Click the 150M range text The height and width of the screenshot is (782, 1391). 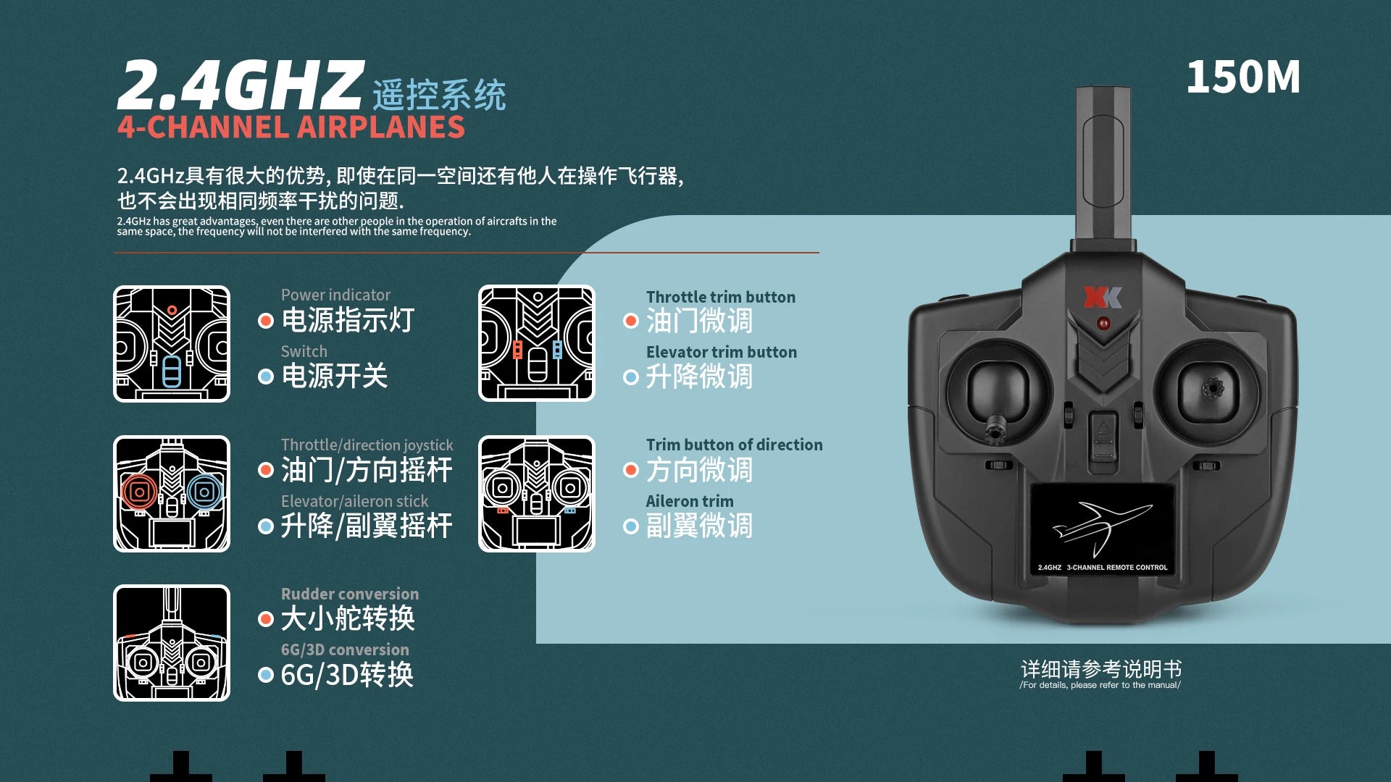click(x=1243, y=77)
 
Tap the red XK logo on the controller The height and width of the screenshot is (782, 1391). click(x=1103, y=297)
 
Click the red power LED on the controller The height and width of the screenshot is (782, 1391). click(x=1103, y=323)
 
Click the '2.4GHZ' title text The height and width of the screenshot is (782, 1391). click(x=240, y=85)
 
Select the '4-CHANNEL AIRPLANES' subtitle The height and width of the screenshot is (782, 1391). click(x=291, y=127)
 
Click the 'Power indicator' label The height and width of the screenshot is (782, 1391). click(x=335, y=295)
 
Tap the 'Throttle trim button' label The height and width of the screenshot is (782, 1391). click(x=721, y=297)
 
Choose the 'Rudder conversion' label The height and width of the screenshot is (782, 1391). click(x=350, y=594)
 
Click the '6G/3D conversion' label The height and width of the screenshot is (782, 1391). click(x=345, y=649)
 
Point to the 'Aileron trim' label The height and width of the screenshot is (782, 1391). click(x=690, y=501)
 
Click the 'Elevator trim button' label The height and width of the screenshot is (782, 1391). click(x=722, y=352)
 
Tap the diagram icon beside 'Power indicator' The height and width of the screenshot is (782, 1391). click(x=172, y=344)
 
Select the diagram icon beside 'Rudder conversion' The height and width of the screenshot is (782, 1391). click(x=172, y=643)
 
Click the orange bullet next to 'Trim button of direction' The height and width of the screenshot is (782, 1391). click(x=631, y=471)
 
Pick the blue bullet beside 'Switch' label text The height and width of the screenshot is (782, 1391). click(x=266, y=377)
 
